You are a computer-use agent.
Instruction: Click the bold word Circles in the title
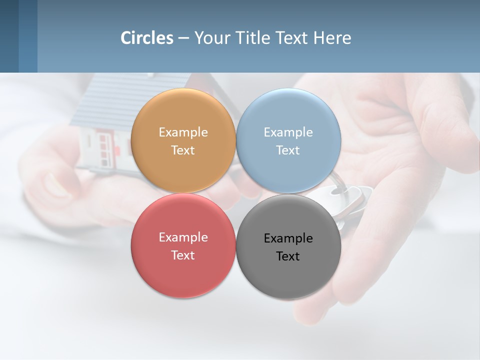click(x=147, y=38)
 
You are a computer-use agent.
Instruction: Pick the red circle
click(x=183, y=272)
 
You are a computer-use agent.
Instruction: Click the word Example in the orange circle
click(x=183, y=132)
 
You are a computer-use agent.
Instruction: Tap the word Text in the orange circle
click(x=183, y=150)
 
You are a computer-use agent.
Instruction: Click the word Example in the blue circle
click(x=288, y=132)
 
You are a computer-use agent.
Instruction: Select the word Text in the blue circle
click(x=288, y=150)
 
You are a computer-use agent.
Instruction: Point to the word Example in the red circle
click(x=183, y=237)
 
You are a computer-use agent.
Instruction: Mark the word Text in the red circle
click(x=183, y=255)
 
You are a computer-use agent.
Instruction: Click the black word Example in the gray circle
click(x=288, y=238)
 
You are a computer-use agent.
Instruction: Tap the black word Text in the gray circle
click(x=288, y=256)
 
